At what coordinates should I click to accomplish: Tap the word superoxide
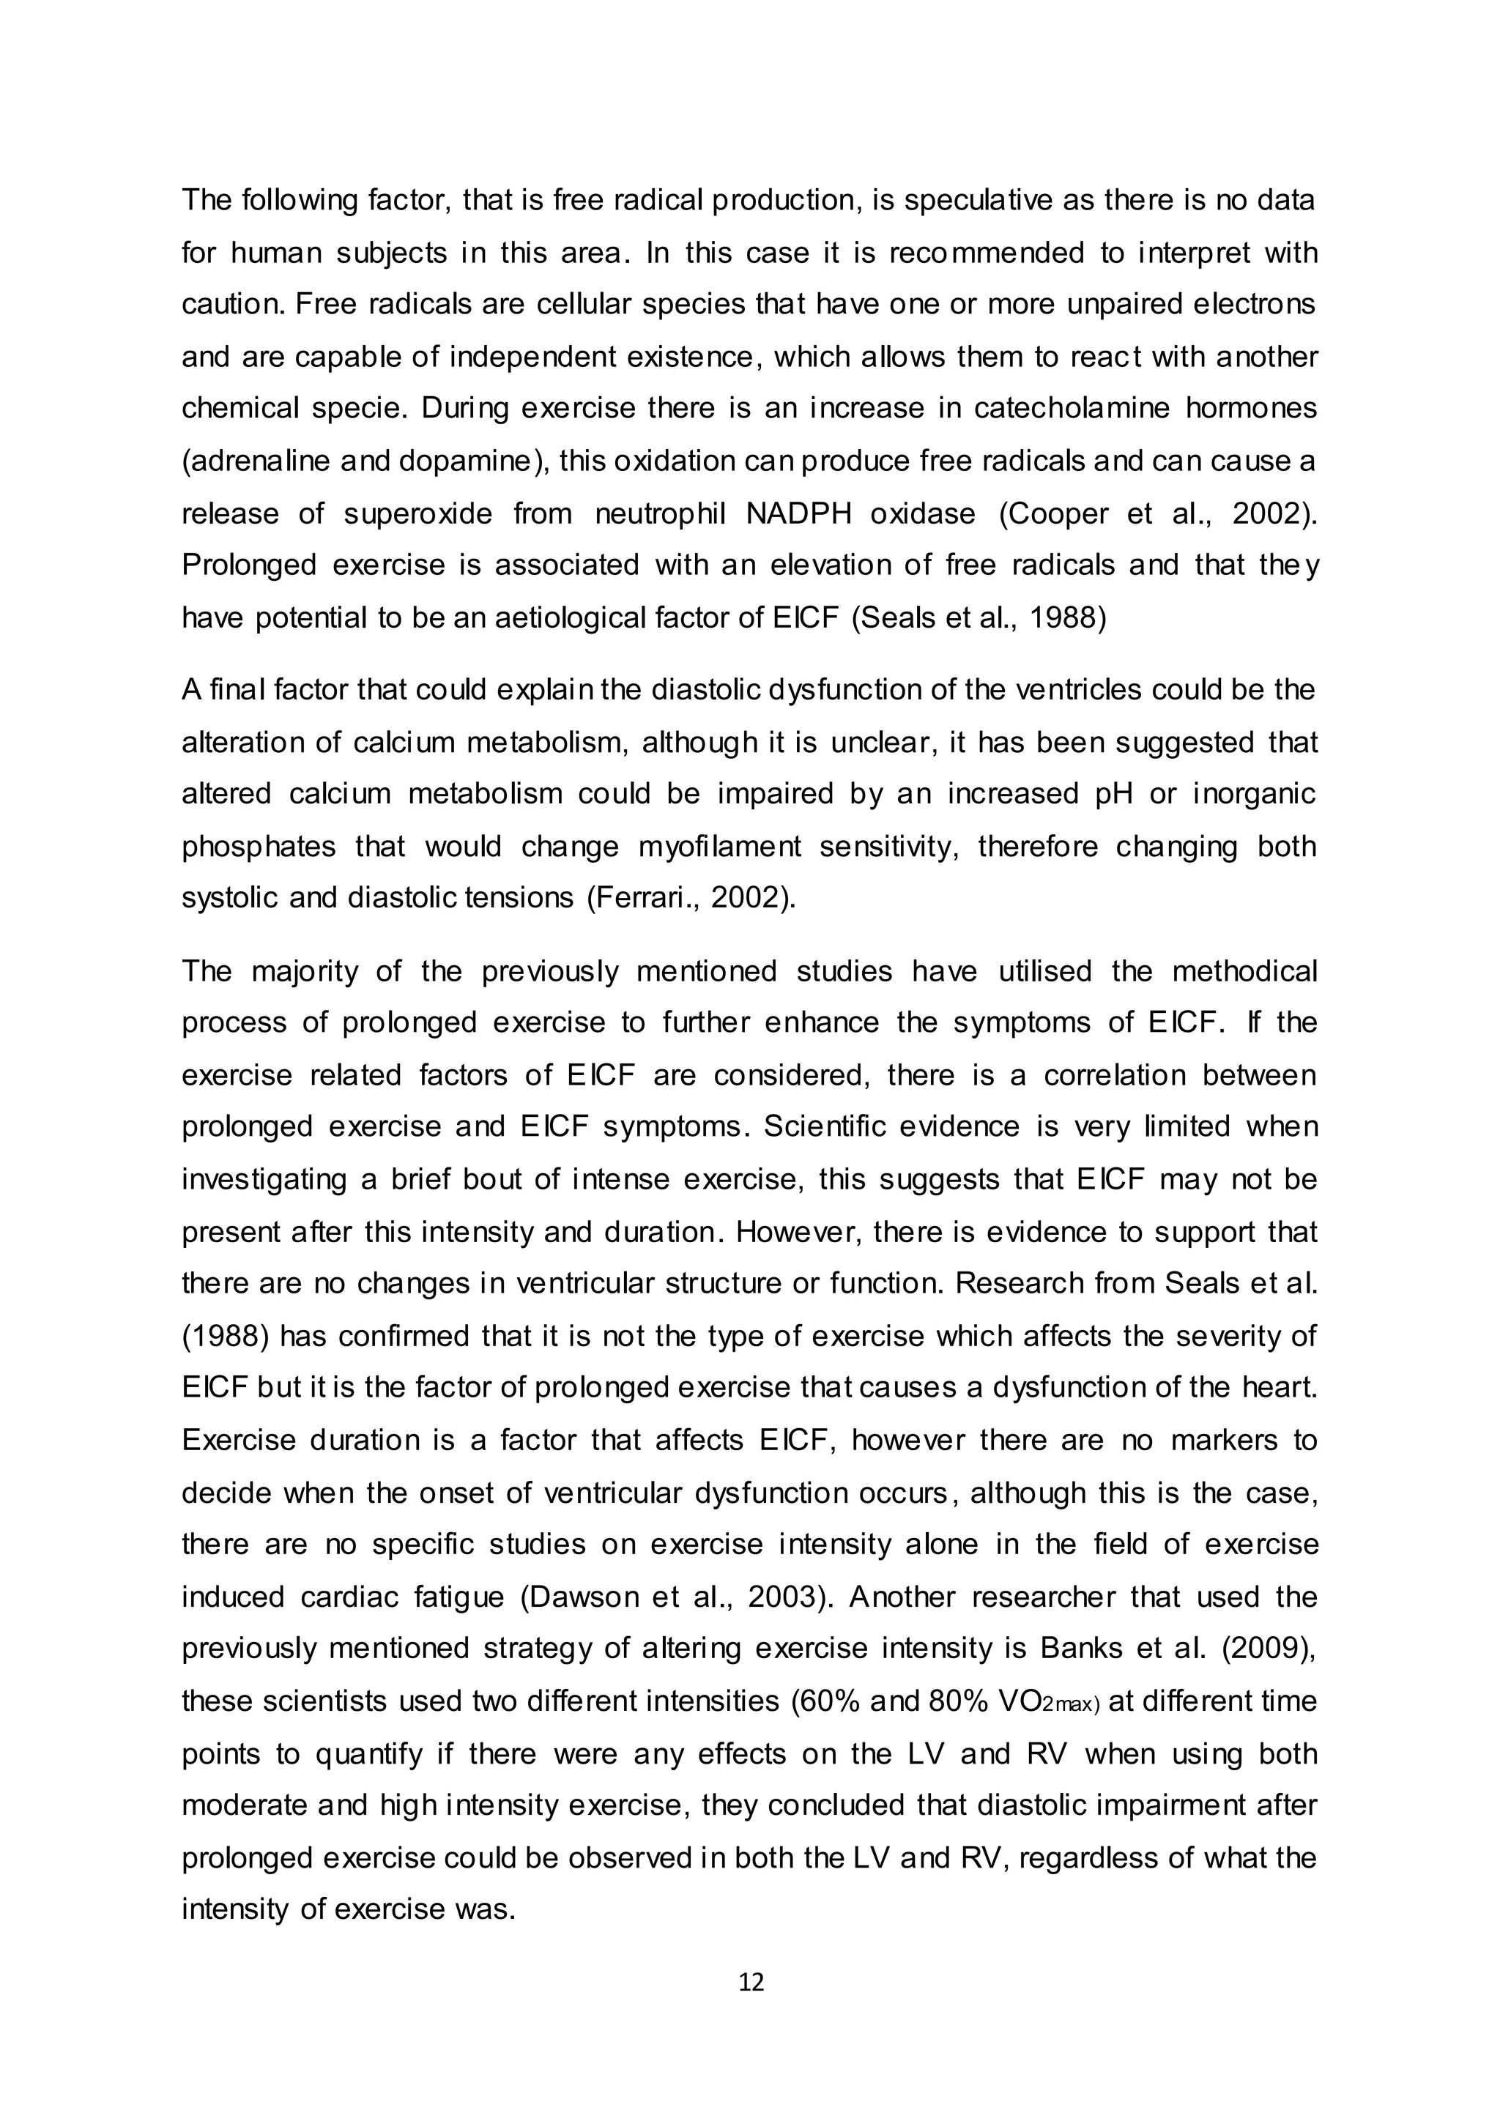tap(418, 513)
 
